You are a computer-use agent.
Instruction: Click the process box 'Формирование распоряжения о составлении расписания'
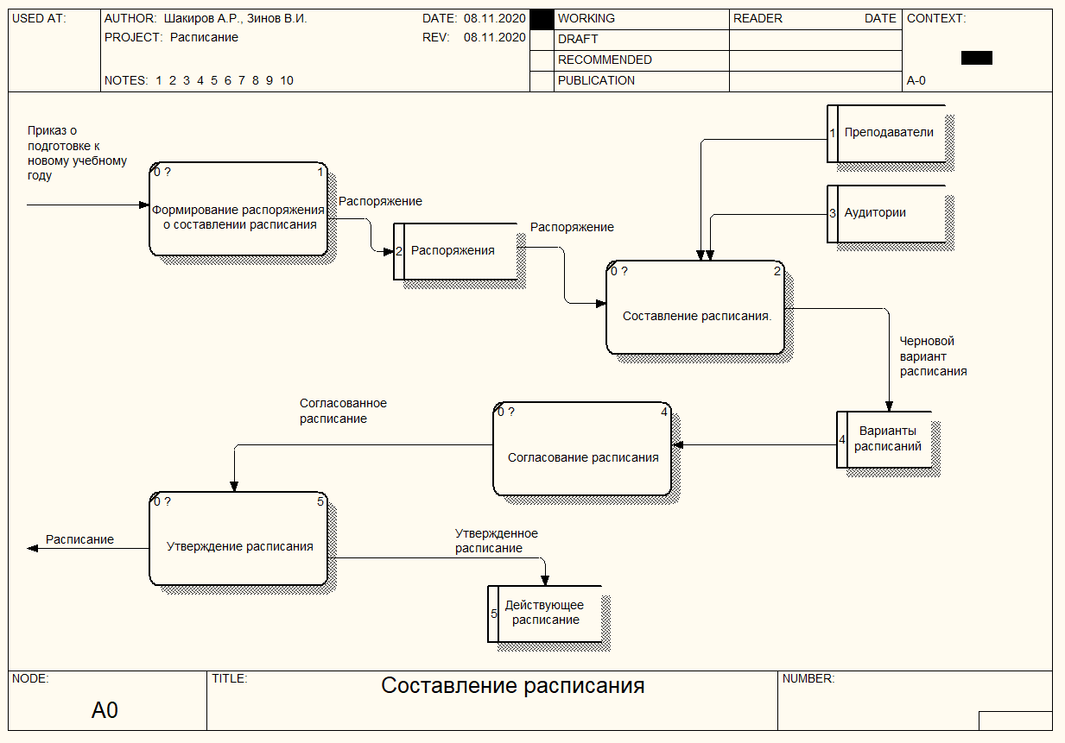tap(238, 209)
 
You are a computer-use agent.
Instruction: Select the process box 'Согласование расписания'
tap(582, 449)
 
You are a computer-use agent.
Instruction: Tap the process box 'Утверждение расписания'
tap(238, 538)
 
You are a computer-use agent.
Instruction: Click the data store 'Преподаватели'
tap(887, 134)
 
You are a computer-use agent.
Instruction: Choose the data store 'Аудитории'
tap(887, 214)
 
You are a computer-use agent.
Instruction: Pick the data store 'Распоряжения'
tap(455, 251)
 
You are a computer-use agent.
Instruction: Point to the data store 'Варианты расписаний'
tap(884, 439)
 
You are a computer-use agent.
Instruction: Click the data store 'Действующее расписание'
tap(545, 614)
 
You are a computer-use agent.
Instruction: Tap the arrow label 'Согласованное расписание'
tap(343, 411)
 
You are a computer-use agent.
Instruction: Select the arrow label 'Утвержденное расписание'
tap(497, 540)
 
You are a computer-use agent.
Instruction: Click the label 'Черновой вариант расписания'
tap(933, 356)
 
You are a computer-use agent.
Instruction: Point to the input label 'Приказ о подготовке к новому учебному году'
tap(77, 153)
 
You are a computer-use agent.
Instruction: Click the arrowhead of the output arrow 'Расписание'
tap(29, 548)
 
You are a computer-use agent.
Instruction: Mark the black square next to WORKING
tap(542, 20)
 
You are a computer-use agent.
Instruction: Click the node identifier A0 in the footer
tap(105, 710)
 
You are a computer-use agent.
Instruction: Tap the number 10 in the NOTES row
tap(286, 81)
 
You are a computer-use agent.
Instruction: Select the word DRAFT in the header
tap(578, 40)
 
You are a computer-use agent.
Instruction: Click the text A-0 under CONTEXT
tap(916, 81)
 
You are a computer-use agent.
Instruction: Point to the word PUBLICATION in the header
tap(596, 81)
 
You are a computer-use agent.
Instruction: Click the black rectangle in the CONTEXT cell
tap(977, 58)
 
